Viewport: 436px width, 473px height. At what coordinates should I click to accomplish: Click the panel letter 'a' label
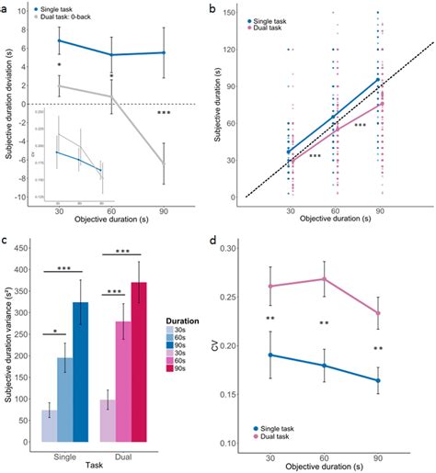pos(8,8)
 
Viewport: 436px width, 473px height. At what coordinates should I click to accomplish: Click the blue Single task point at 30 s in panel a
pos(60,40)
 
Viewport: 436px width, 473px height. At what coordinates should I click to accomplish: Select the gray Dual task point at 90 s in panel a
pos(164,164)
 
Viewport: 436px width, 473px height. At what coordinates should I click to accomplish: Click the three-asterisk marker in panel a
pos(164,113)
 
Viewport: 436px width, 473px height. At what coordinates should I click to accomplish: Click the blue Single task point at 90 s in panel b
pos(379,80)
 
